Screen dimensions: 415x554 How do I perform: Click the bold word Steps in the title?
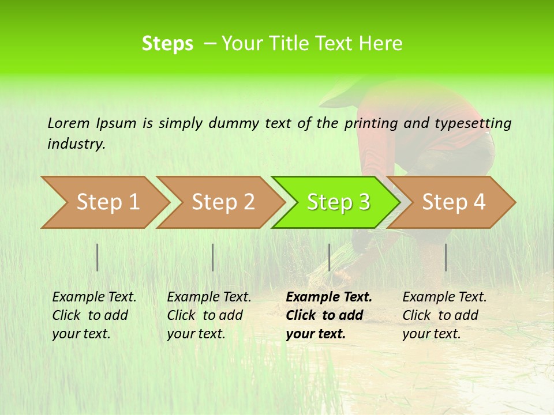coord(167,44)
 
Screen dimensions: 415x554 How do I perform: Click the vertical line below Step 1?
coord(98,257)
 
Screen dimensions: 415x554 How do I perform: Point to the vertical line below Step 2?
coord(213,257)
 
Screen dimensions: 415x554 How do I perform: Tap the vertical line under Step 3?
coord(329,257)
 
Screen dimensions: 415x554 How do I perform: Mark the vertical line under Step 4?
coord(446,257)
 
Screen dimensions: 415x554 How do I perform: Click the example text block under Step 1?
coord(94,315)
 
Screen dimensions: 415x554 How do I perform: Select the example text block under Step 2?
coord(209,315)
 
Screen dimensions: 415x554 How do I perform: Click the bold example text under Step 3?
coord(329,315)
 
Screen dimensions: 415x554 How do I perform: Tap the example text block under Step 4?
coord(444,315)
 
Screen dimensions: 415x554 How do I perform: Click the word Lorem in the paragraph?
coord(69,123)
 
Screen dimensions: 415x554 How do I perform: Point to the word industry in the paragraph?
coord(76,144)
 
